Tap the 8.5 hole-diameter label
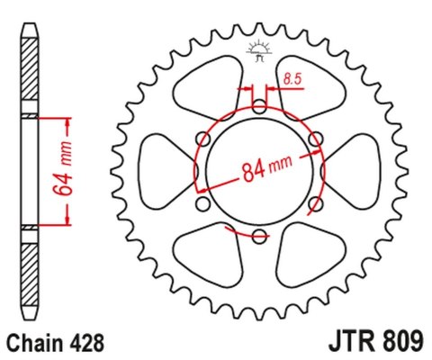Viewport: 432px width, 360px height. [x=291, y=80]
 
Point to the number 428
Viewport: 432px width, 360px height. [x=90, y=343]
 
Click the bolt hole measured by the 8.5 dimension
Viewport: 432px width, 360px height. [x=259, y=106]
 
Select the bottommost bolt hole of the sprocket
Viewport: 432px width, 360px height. [x=259, y=237]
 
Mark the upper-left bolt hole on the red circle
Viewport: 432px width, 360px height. [x=202, y=139]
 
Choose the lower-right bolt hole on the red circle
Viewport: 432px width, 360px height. [x=316, y=205]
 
